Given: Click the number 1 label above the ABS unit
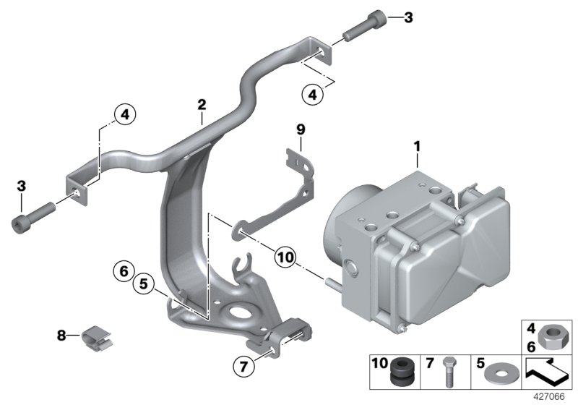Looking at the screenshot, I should [x=417, y=148].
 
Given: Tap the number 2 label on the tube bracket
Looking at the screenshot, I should [x=202, y=105].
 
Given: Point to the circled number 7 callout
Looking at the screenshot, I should [x=245, y=367].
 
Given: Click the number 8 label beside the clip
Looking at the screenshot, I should [x=61, y=335].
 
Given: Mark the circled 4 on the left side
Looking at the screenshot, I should [x=124, y=114].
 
